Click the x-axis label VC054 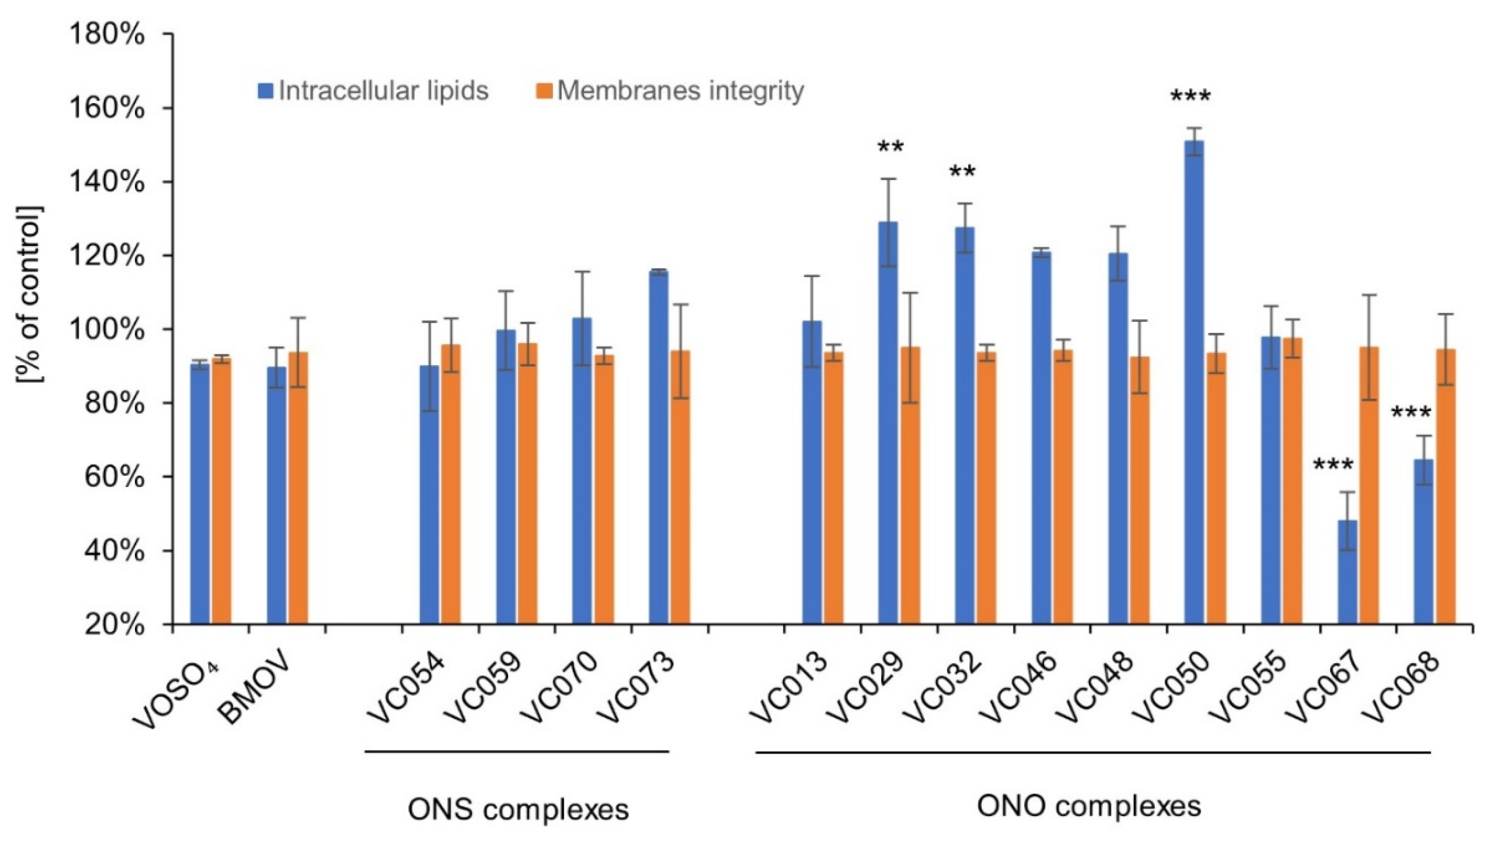(x=407, y=688)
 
